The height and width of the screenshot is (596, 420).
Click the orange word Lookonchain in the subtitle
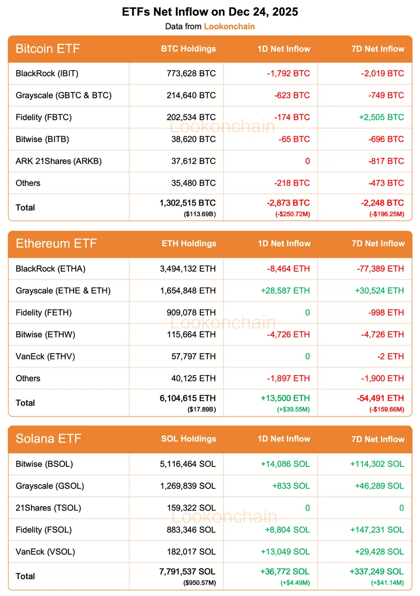point(229,26)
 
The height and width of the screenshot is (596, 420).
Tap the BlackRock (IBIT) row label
point(47,74)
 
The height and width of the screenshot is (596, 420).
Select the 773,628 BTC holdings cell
point(191,74)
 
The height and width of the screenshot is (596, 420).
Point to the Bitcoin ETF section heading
point(48,49)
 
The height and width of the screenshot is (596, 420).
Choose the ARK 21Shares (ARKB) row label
point(59,161)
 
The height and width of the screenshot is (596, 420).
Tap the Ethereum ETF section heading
point(56,243)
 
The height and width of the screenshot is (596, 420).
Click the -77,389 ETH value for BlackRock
point(380,269)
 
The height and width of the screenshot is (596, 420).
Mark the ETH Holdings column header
point(189,243)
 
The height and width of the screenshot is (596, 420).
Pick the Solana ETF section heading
point(49,439)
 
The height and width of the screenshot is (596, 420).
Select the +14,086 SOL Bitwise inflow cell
point(285,464)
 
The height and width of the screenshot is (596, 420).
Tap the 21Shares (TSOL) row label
point(48,508)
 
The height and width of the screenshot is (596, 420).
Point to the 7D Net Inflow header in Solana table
point(378,439)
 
